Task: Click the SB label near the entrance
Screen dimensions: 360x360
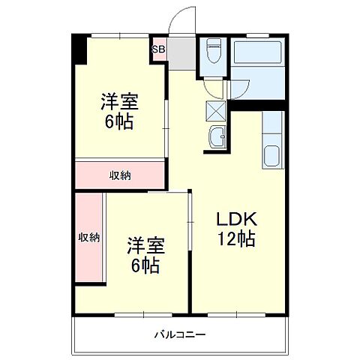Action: (x=159, y=50)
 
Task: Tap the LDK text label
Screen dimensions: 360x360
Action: (x=238, y=220)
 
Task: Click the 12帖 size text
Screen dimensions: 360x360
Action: (x=238, y=239)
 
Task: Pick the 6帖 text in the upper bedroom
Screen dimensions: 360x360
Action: (x=119, y=122)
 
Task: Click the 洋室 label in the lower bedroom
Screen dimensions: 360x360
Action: (x=145, y=246)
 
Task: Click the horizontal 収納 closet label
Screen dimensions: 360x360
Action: (x=121, y=175)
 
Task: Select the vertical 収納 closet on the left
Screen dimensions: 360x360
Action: (x=89, y=238)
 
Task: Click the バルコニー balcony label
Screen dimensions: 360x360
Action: (x=180, y=334)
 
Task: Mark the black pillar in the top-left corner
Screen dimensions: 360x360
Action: (x=79, y=49)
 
